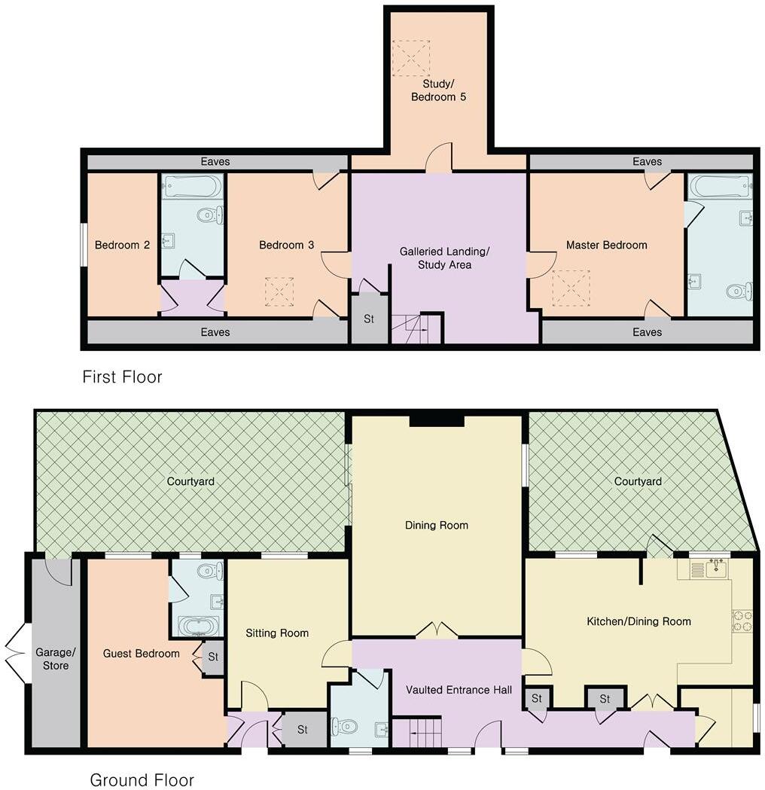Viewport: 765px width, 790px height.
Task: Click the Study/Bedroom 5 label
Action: click(x=438, y=90)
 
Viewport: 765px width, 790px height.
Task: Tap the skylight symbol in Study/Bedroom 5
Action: click(x=409, y=56)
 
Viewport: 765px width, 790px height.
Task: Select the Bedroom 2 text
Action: click(x=122, y=245)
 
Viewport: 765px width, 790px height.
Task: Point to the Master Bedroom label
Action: click(x=606, y=245)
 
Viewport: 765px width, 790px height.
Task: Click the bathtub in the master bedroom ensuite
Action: click(x=719, y=186)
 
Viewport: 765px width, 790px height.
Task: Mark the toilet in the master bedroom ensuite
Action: click(x=739, y=290)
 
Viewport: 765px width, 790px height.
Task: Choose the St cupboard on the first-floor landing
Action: click(x=369, y=319)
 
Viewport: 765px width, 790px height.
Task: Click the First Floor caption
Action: click(x=122, y=377)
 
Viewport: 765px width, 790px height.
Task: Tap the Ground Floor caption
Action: click(x=142, y=779)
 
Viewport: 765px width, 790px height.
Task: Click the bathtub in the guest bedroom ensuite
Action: click(x=198, y=626)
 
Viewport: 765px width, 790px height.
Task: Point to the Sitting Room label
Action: click(x=277, y=633)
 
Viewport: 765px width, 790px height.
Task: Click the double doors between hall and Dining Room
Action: click(x=437, y=631)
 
